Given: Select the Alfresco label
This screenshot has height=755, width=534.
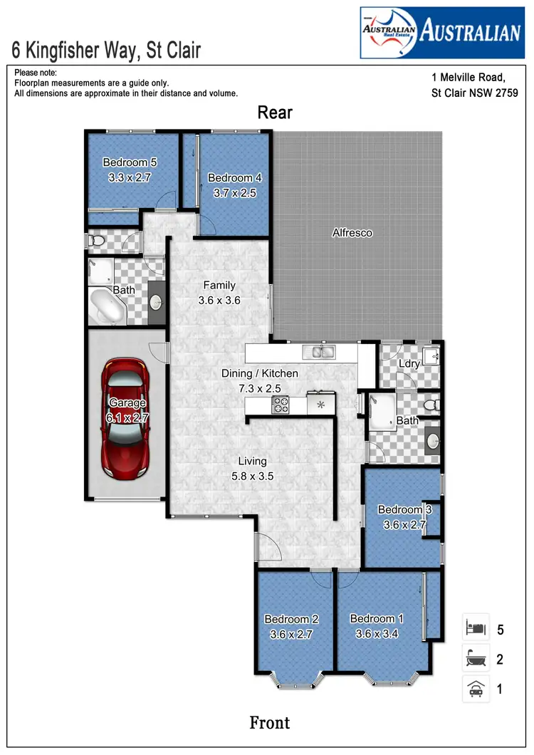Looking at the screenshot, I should pos(352,233).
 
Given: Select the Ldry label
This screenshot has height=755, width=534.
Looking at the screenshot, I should pos(409,363).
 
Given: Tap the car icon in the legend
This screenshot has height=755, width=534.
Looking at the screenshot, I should pos(476,688).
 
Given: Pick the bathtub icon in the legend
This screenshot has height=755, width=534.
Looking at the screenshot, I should pos(476,659).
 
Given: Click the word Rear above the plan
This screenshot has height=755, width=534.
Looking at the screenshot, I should pos(275,113).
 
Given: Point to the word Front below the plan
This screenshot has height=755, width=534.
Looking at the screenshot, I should pos(270,723).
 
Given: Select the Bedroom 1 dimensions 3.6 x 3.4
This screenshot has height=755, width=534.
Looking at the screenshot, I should pos(377,632).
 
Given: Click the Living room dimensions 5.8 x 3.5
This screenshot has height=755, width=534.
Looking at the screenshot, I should pos(252,477).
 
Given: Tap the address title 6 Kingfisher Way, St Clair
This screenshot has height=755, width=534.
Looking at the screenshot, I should pos(107,50).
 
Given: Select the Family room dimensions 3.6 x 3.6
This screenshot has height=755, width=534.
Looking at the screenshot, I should pos(219,301).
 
